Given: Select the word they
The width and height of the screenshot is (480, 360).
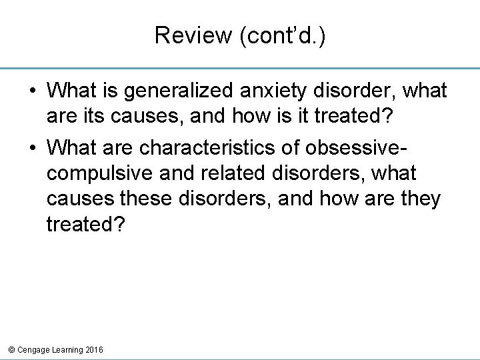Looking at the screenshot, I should [420, 199].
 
